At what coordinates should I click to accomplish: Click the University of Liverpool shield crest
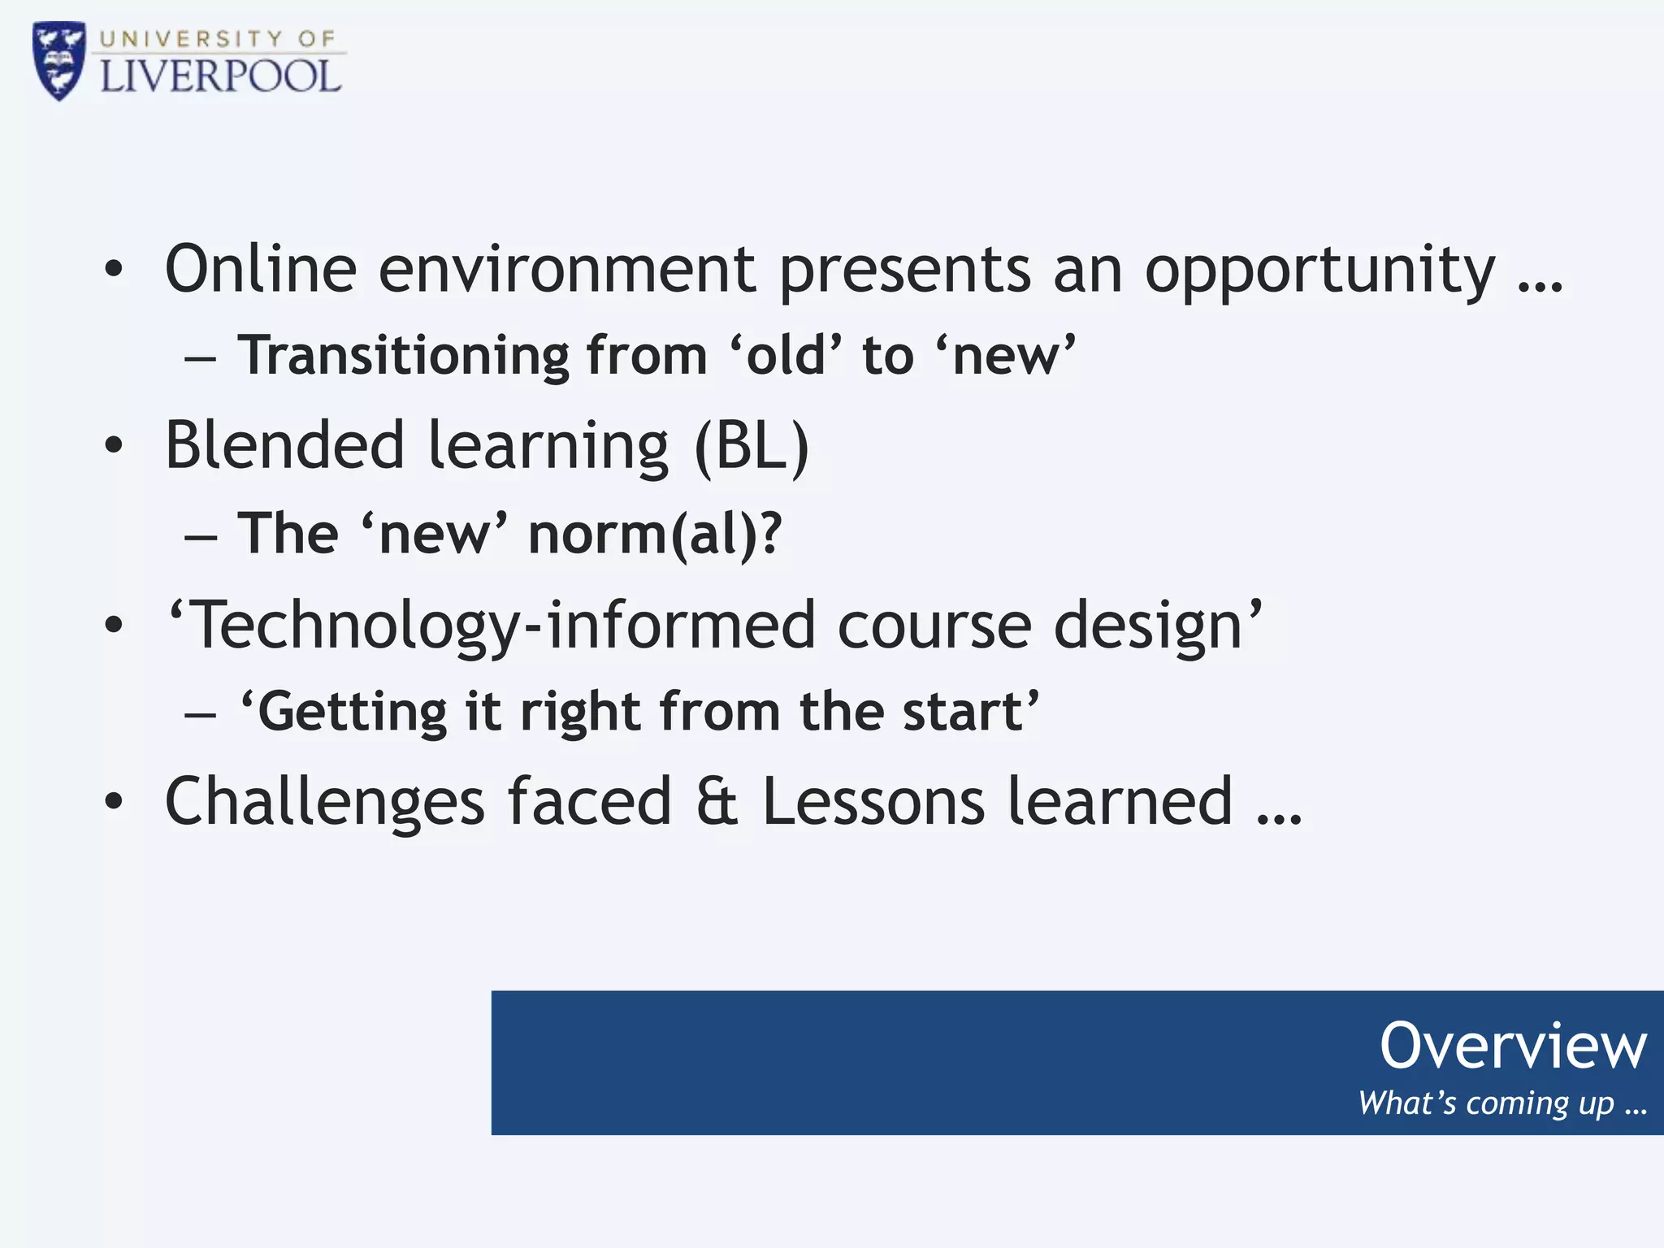(x=58, y=61)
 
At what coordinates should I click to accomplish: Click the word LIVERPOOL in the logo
(x=220, y=77)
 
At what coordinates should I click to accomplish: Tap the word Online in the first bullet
(x=261, y=269)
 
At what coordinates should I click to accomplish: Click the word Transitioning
(x=404, y=356)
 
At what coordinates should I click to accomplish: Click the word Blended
(x=284, y=445)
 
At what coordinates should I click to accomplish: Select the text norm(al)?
(x=655, y=535)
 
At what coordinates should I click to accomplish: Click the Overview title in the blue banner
(x=1512, y=1046)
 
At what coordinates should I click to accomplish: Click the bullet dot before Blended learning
(x=114, y=445)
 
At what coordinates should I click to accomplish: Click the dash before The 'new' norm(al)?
(x=201, y=537)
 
